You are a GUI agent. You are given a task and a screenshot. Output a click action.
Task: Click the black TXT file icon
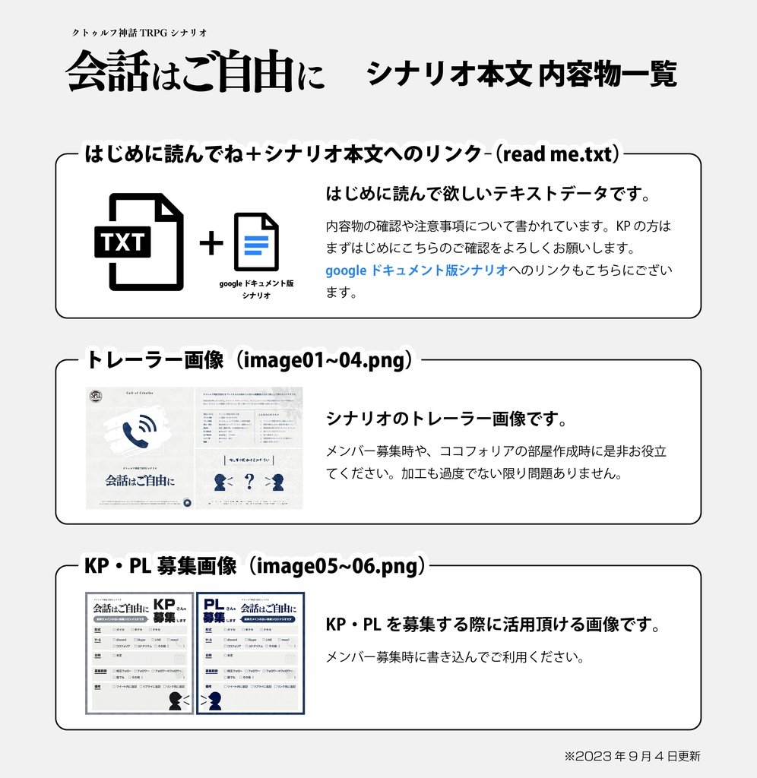pyautogui.click(x=138, y=242)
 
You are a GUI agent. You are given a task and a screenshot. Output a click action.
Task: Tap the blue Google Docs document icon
pyautogui.click(x=256, y=242)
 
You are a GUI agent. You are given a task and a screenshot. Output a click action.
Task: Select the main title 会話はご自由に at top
pyautogui.click(x=195, y=73)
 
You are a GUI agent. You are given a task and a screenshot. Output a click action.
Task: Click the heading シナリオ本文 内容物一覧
pyautogui.click(x=521, y=74)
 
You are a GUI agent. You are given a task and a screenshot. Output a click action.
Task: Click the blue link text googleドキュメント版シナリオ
pyautogui.click(x=416, y=270)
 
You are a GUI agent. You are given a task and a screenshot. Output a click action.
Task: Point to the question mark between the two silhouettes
pyautogui.click(x=249, y=481)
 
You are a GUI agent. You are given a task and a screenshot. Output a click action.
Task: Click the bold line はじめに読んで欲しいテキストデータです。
pyautogui.click(x=489, y=194)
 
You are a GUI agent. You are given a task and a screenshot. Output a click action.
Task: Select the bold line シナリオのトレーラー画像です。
pyautogui.click(x=445, y=419)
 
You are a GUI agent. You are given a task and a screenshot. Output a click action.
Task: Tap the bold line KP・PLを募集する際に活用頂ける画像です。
pyautogui.click(x=492, y=625)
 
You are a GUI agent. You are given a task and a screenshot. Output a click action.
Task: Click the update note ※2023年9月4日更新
pyautogui.click(x=632, y=756)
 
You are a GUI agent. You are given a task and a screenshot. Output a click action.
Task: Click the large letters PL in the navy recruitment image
pyautogui.click(x=214, y=606)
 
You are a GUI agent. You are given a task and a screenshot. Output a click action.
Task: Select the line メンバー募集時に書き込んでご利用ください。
pyautogui.click(x=455, y=657)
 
